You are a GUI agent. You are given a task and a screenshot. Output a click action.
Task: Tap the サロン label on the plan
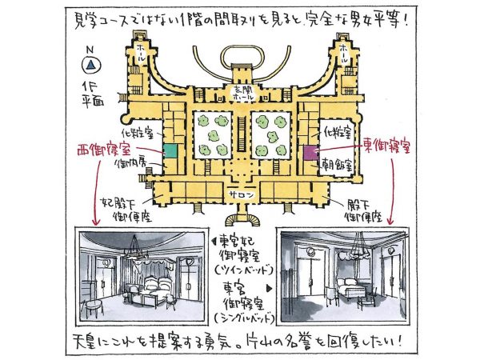(240, 194)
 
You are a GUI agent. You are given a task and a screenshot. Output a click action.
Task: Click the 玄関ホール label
(239, 93)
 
